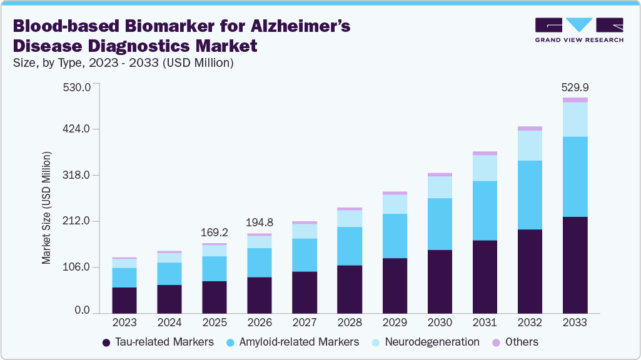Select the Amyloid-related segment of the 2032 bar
(530, 195)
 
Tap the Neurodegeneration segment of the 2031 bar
(485, 167)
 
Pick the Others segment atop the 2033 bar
(575, 100)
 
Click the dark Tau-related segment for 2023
(124, 300)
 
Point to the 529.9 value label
(575, 87)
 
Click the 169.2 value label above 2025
(215, 232)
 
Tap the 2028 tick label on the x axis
(350, 323)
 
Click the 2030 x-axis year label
(440, 323)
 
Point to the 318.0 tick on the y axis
(79, 175)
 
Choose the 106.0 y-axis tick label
(79, 267)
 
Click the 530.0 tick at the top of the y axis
(79, 86)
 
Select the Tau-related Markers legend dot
(107, 342)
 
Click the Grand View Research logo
(578, 29)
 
